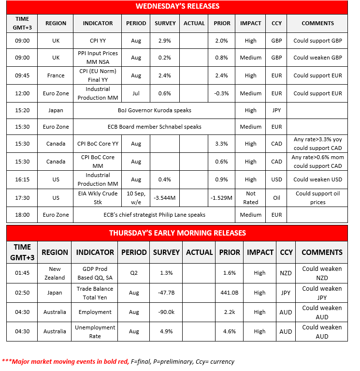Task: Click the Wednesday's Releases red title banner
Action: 177,6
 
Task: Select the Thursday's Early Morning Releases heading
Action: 177,233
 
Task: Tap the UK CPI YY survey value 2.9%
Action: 165,41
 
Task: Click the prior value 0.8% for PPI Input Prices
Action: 221,58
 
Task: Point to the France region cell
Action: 56,75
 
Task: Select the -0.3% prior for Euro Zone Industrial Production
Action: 221,93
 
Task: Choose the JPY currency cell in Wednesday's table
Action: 276,110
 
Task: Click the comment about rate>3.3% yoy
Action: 317,144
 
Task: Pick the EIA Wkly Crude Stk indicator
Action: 98,198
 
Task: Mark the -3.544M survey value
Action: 165,198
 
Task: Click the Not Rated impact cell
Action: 251,198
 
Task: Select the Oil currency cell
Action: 276,198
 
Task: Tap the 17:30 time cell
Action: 22,198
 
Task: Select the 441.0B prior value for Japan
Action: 229,293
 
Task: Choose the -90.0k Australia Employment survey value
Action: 166,312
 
